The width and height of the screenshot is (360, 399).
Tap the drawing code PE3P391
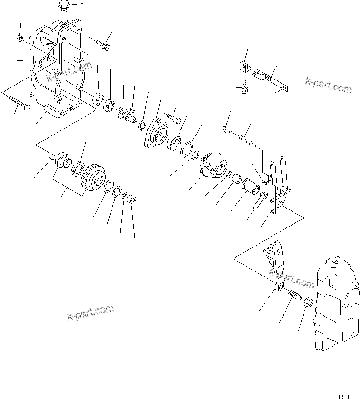point(336,396)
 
